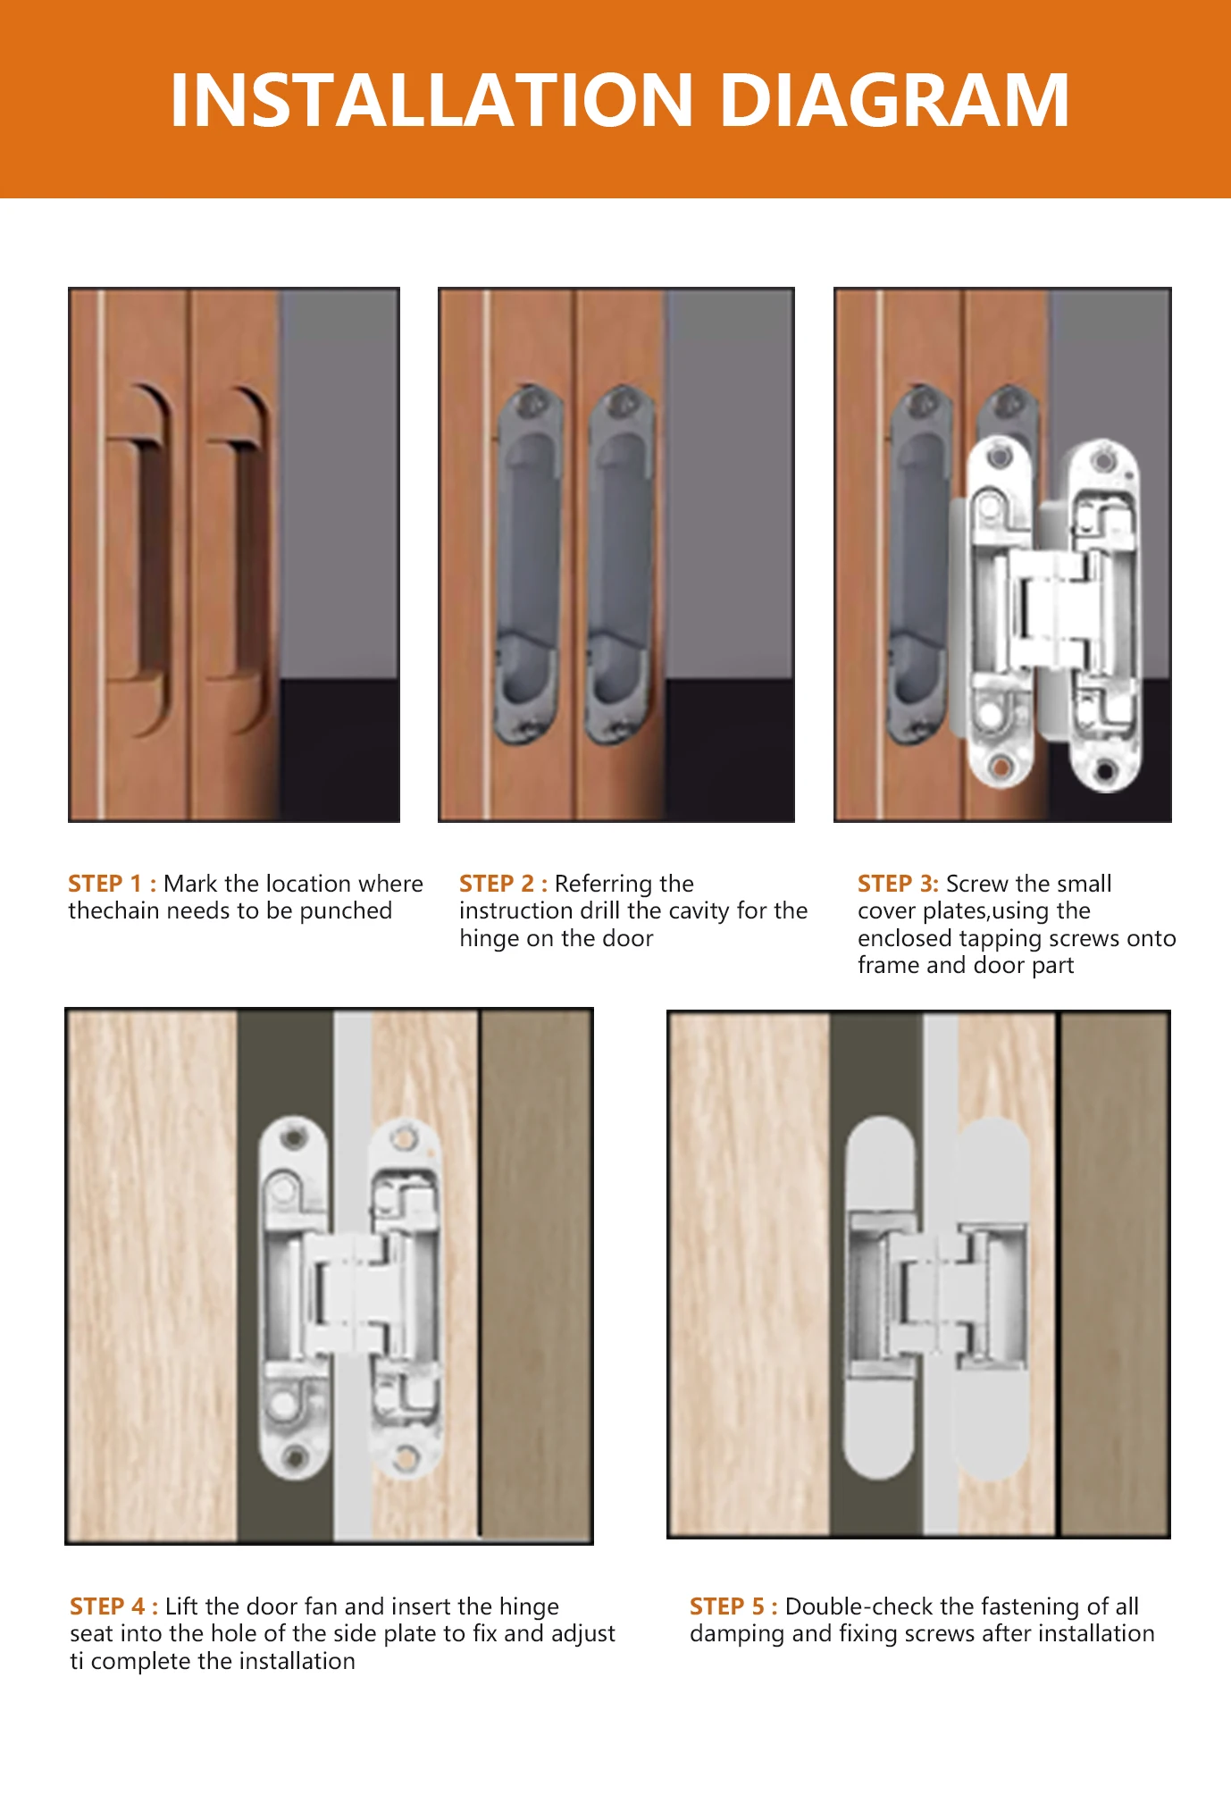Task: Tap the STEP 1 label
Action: tap(113, 884)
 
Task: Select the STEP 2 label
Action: tap(504, 884)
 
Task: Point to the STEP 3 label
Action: tap(898, 884)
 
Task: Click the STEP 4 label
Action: tap(114, 1606)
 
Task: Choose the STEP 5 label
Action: tap(733, 1606)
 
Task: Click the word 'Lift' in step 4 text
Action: tap(182, 1606)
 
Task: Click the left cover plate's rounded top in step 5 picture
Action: tap(880, 1162)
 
